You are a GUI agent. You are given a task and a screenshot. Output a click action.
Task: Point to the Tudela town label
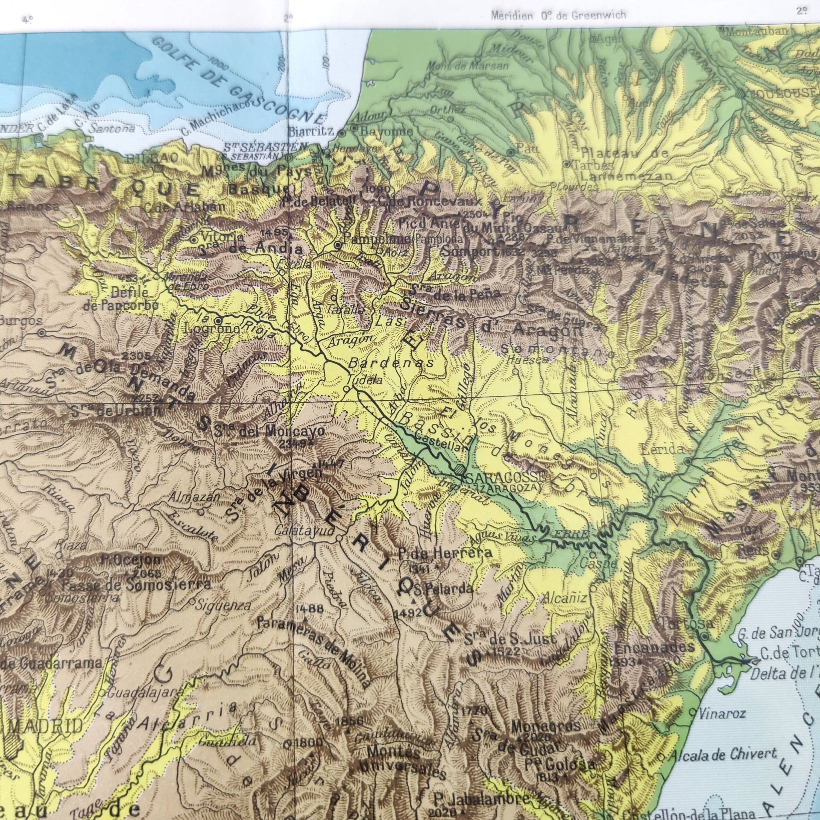pos(365,381)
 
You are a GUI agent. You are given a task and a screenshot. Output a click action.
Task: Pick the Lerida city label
pos(663,449)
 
